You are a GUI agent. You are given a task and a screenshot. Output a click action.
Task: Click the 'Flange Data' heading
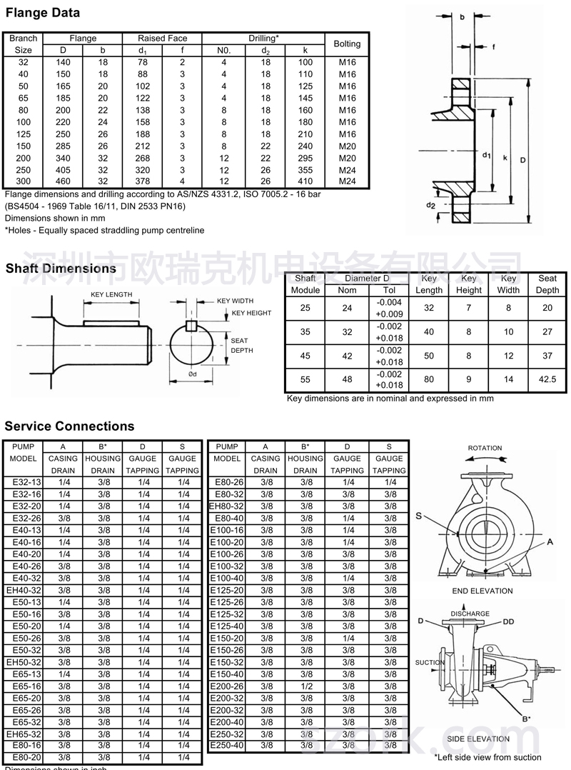click(42, 13)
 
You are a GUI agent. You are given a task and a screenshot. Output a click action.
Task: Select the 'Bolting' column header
click(347, 44)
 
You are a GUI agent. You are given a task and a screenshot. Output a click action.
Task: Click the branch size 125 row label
click(24, 134)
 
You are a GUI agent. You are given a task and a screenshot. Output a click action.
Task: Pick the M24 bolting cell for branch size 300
click(347, 182)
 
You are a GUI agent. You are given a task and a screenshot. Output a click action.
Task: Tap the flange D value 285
click(63, 146)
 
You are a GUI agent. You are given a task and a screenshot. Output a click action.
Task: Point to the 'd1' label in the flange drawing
click(485, 155)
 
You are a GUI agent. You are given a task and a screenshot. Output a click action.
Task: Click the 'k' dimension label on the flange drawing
click(505, 158)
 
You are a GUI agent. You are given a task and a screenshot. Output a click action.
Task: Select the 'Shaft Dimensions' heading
click(60, 269)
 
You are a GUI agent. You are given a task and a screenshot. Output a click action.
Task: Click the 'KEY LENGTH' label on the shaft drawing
click(111, 295)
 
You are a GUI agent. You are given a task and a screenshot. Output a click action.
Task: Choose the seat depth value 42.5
click(547, 380)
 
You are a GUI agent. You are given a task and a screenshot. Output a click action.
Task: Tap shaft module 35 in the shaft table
click(305, 332)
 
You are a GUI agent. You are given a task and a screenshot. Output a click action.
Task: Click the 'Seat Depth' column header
click(547, 284)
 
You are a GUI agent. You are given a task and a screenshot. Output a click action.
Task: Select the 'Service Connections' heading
click(69, 426)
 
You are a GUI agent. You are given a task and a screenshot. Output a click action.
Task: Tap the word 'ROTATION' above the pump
click(485, 449)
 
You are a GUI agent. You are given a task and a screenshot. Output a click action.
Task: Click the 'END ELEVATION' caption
click(482, 591)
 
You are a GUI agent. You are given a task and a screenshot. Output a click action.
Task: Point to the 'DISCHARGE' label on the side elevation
click(470, 614)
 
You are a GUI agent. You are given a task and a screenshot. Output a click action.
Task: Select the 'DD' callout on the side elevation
click(507, 621)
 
